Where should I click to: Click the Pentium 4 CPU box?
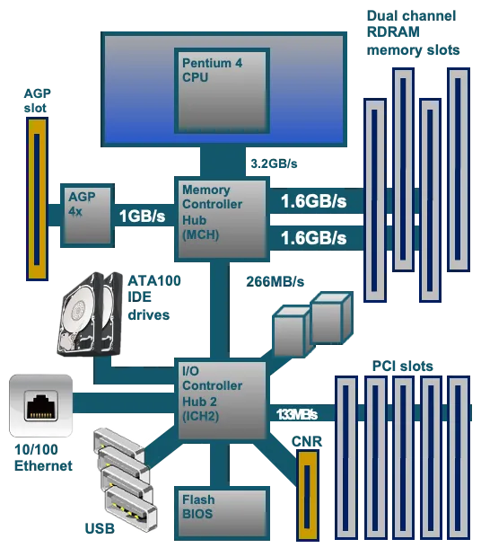222,91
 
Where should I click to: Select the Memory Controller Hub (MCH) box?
222,219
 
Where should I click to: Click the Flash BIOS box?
222,513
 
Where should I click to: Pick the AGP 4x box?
87,216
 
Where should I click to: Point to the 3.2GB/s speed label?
274,164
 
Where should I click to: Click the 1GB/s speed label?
142,216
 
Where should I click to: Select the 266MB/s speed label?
275,282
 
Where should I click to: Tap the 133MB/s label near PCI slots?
297,414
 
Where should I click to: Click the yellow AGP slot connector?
37,199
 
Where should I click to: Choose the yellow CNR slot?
308,495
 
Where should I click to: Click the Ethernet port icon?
41,406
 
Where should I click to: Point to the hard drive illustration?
90,314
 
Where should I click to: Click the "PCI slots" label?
402,366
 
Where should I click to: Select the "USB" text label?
100,528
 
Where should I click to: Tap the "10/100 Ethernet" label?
43,457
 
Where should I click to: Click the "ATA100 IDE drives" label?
154,297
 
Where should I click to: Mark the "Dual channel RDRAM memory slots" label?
414,33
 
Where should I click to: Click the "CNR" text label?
307,442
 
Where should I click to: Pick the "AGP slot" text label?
38,101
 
